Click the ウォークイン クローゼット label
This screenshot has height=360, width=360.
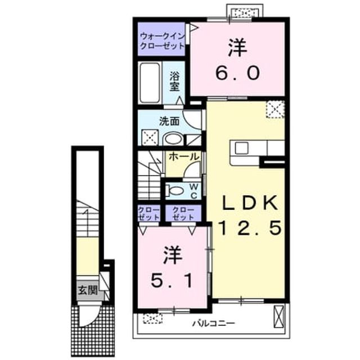163,41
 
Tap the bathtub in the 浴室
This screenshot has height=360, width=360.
150,83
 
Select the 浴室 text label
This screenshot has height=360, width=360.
174,82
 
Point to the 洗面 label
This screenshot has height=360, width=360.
169,121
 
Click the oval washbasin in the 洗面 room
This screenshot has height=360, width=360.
173,139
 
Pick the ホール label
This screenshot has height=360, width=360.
184,157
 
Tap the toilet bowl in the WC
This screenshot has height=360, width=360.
175,190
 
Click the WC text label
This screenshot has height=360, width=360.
193,191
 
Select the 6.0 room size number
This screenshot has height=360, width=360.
237,73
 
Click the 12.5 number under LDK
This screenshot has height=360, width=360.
250,228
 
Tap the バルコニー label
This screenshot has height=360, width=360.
214,323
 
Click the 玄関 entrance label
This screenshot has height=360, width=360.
88,290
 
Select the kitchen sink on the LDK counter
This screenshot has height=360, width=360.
241,148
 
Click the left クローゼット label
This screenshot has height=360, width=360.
148,214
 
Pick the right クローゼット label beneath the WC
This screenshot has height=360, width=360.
183,214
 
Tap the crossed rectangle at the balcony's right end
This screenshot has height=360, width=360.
279,317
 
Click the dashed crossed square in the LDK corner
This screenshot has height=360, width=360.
275,109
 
